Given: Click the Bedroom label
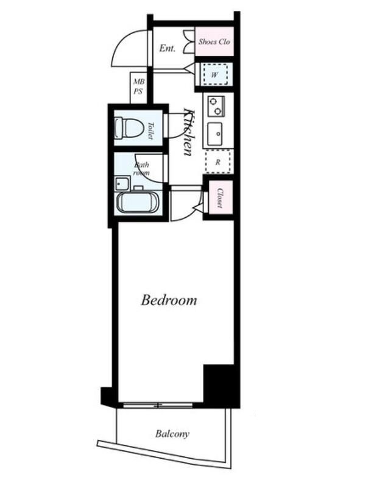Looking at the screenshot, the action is [169, 300].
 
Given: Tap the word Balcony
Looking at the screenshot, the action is [172, 434].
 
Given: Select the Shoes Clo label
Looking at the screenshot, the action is [214, 41].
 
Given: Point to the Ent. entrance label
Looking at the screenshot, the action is [168, 48].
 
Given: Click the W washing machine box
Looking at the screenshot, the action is [214, 74].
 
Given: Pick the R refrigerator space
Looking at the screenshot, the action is [218, 162].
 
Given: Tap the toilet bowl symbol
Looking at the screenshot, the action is [129, 127].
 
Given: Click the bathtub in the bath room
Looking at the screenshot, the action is [138, 203].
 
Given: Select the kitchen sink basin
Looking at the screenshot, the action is [215, 134].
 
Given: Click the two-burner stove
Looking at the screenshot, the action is [216, 106].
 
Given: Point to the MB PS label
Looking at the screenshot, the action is [138, 87].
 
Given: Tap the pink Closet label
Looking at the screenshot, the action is [220, 198].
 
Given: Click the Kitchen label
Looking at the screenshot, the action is [190, 132].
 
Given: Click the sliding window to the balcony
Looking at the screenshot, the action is [158, 405].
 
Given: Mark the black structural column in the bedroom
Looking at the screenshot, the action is [219, 384].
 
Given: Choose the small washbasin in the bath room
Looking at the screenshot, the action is [122, 184].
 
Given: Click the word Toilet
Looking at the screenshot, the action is [151, 131].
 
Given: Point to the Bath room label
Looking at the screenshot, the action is [141, 168].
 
